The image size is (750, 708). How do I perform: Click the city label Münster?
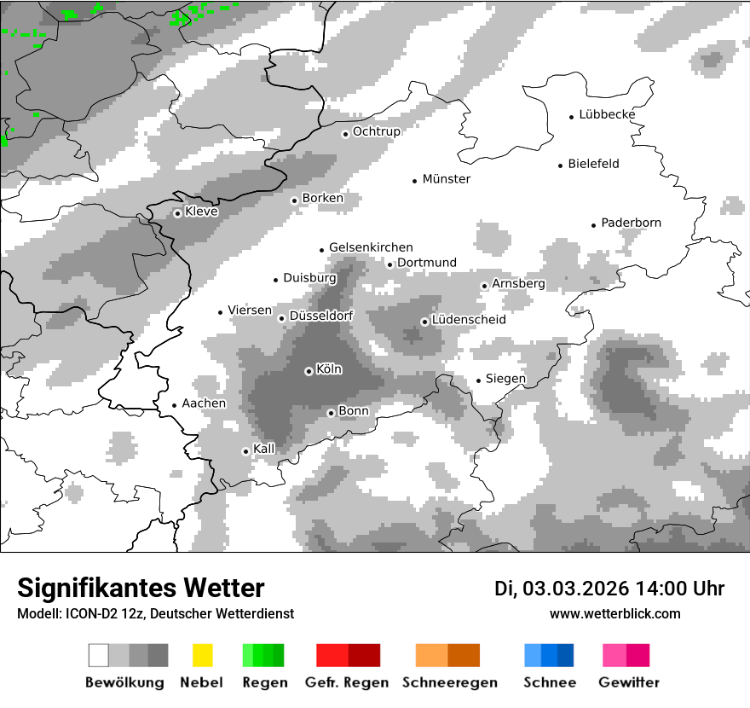click(x=447, y=179)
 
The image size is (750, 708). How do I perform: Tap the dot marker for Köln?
click(x=309, y=371)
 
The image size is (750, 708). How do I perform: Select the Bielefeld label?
click(x=593, y=164)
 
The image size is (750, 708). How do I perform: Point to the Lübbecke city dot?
click(x=572, y=116)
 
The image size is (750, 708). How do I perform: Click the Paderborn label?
click(x=631, y=223)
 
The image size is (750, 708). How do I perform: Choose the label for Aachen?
click(x=204, y=403)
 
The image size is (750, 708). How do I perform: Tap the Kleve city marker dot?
click(x=177, y=213)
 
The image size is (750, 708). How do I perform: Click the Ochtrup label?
click(x=376, y=131)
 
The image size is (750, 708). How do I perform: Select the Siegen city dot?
click(x=479, y=380)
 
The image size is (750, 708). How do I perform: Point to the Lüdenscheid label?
click(x=469, y=320)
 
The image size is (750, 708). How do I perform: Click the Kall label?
click(x=264, y=449)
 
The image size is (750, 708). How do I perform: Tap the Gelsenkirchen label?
click(x=371, y=247)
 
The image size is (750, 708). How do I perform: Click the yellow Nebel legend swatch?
click(x=202, y=655)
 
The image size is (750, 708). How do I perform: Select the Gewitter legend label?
click(x=629, y=682)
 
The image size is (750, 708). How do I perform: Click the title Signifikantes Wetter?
click(x=141, y=589)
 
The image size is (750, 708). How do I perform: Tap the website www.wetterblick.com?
click(x=615, y=614)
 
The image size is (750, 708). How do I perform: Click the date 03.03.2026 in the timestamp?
click(x=576, y=589)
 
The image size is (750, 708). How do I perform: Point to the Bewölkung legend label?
click(x=124, y=682)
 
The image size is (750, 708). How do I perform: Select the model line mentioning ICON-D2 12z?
click(x=155, y=614)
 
